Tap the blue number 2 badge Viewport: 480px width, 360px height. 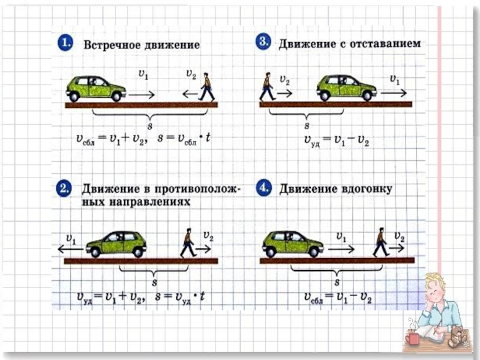(65, 190)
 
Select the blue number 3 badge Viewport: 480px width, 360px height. (263, 43)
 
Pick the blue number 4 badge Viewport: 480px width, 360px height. (263, 189)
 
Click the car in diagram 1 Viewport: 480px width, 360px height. (96, 88)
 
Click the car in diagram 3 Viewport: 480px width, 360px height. (346, 88)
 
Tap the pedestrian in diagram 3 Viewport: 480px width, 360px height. (267, 86)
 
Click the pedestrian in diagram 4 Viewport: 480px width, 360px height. (380, 242)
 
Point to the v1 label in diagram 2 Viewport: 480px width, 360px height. (71, 239)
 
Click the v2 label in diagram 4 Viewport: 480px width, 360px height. (400, 238)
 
